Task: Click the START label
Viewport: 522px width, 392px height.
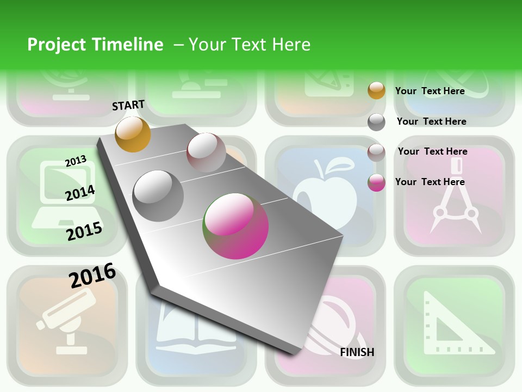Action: click(x=128, y=105)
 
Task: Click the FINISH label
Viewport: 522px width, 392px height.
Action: click(x=357, y=352)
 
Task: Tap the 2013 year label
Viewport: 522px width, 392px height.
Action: click(x=76, y=161)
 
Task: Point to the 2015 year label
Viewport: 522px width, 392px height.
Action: click(x=84, y=231)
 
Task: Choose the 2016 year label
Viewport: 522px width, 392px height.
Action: click(x=92, y=275)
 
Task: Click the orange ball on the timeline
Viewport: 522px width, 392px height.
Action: click(x=133, y=134)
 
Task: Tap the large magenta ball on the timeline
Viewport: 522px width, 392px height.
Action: click(x=235, y=226)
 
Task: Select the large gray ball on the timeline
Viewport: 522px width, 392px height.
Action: click(x=158, y=195)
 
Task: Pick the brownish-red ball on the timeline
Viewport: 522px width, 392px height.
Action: click(x=206, y=152)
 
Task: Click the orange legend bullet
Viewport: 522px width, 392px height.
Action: click(x=376, y=90)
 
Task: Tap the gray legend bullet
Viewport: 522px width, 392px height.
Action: click(x=376, y=122)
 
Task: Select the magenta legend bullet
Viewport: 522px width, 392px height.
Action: click(x=376, y=182)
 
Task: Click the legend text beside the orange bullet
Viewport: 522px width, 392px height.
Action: click(x=430, y=91)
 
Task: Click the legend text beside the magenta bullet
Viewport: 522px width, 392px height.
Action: click(x=430, y=182)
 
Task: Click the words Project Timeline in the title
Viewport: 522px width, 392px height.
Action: click(x=95, y=45)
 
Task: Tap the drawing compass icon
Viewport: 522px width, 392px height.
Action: click(x=455, y=199)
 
